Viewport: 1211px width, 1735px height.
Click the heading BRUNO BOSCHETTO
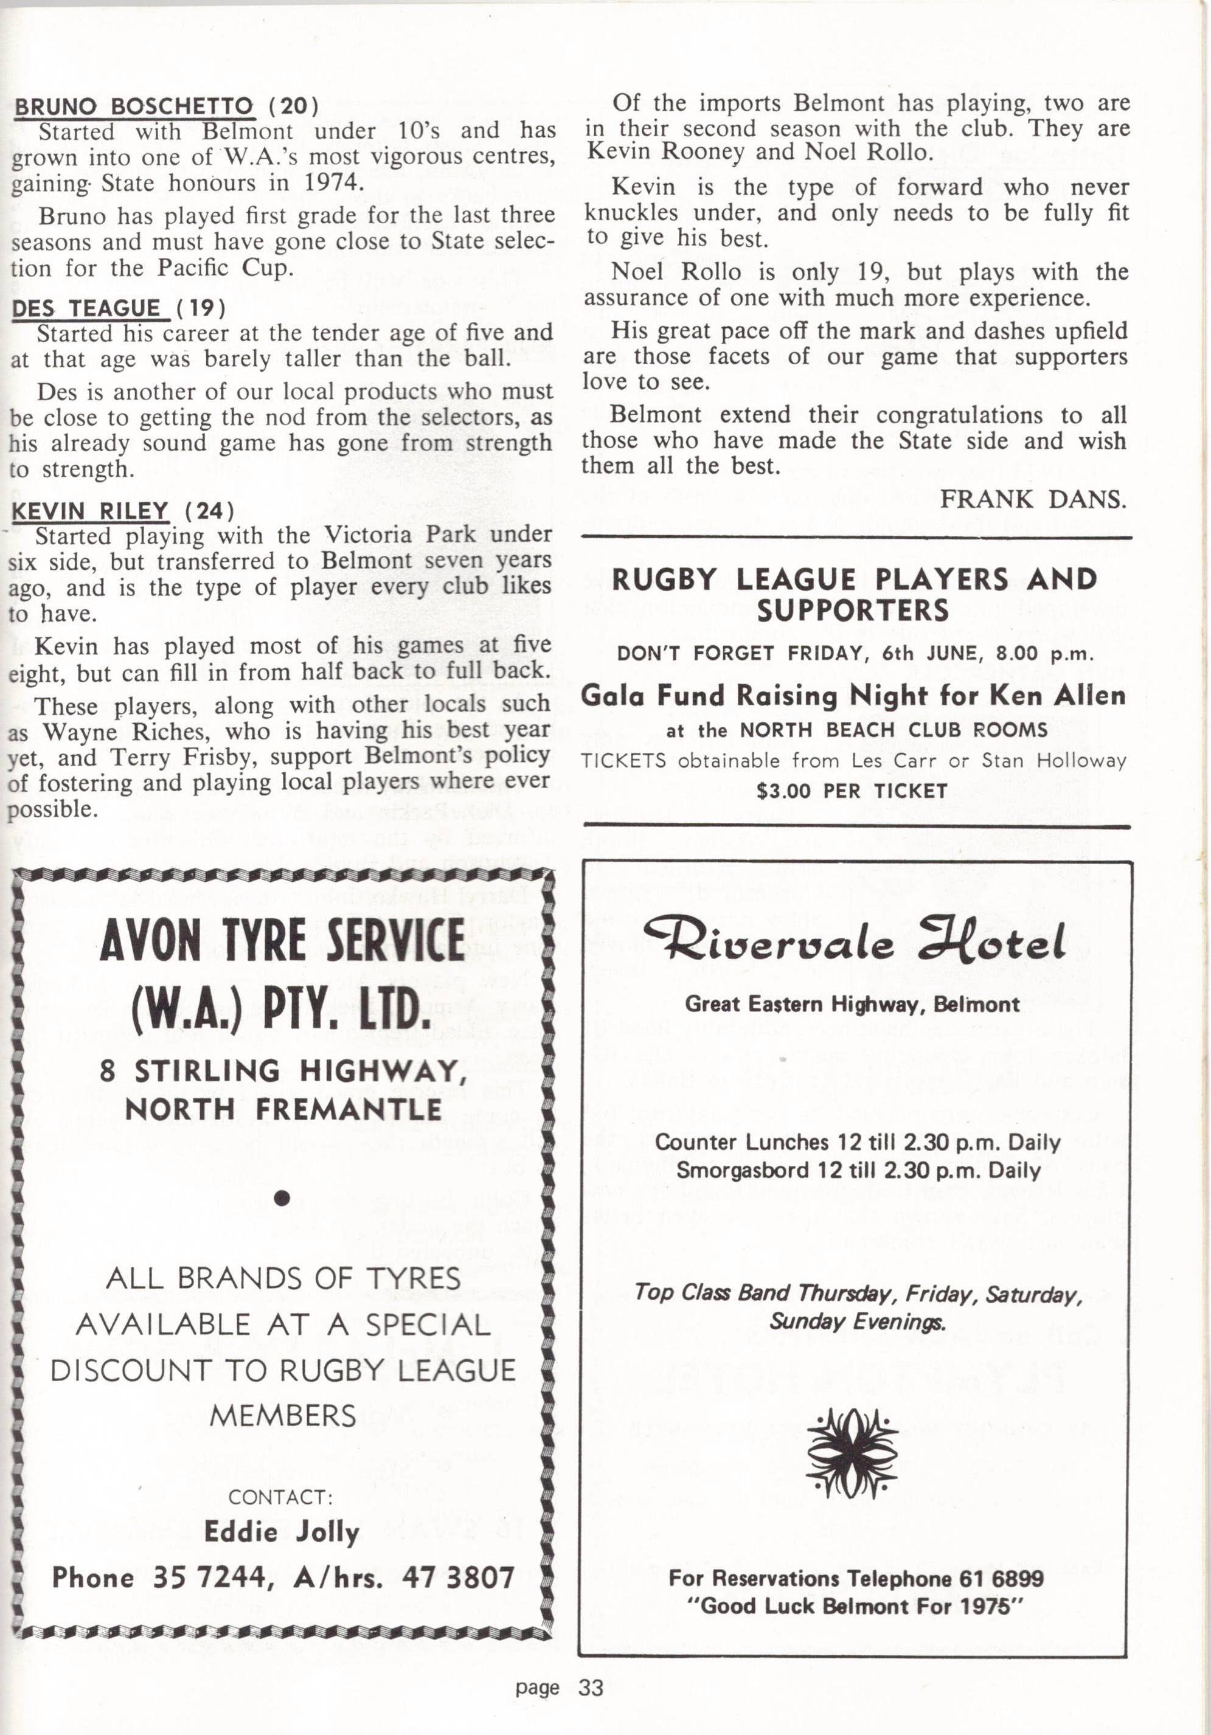[x=133, y=105]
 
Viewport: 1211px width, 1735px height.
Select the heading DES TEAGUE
[x=86, y=308]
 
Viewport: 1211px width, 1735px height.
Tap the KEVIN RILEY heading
[x=89, y=511]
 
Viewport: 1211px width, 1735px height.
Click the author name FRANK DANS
[x=1033, y=499]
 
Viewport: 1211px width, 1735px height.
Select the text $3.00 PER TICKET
[x=852, y=791]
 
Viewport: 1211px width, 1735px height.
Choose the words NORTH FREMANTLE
[x=283, y=1110]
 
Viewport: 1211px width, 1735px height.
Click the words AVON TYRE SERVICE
[x=282, y=940]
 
